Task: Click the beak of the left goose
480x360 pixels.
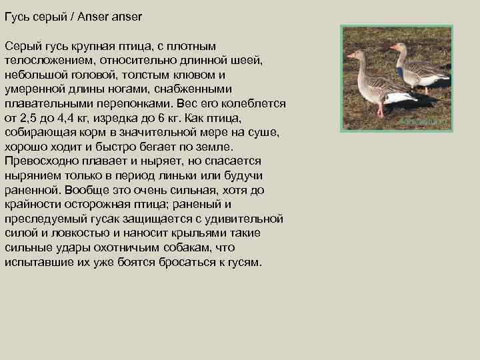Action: coord(349,55)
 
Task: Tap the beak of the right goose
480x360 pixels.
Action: coord(393,48)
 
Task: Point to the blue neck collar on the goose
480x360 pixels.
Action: coord(400,71)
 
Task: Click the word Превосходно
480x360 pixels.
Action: coord(39,161)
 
